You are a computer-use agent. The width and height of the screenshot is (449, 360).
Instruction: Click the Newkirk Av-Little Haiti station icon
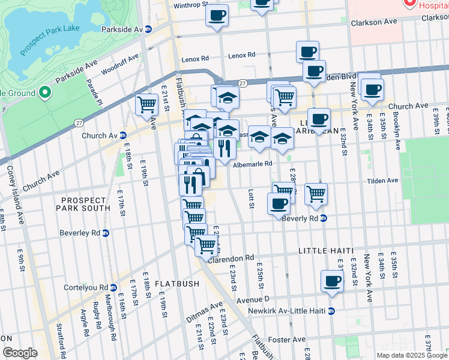[x=331, y=311]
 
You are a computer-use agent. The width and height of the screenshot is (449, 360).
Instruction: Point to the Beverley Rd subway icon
[x=106, y=233]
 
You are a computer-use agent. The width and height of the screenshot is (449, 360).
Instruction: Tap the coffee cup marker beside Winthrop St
[x=217, y=15]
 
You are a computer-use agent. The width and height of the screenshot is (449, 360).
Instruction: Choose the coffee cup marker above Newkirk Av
[x=332, y=281]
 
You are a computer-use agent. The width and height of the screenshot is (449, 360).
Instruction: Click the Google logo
[x=20, y=353]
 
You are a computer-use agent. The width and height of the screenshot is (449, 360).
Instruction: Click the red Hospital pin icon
[x=411, y=3]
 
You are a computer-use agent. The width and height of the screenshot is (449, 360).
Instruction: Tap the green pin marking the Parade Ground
[x=44, y=93]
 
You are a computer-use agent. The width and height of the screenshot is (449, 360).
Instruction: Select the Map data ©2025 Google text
[x=411, y=355]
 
